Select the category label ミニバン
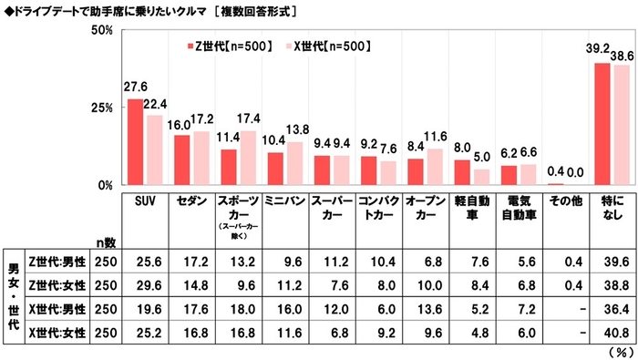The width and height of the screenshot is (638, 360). tap(285, 200)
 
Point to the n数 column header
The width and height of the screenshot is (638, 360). tap(108, 242)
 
